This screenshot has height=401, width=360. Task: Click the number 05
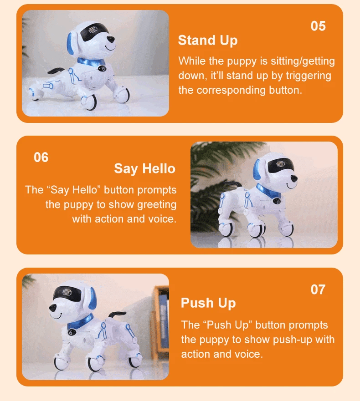click(318, 26)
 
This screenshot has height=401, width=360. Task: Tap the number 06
click(41, 157)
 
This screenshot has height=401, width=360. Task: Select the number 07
click(318, 289)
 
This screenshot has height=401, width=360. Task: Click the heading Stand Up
click(207, 41)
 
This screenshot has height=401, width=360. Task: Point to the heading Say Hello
click(144, 169)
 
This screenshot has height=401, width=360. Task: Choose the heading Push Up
click(208, 303)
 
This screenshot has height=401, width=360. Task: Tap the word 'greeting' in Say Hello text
click(157, 204)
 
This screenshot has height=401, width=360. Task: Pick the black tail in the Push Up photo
click(117, 315)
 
